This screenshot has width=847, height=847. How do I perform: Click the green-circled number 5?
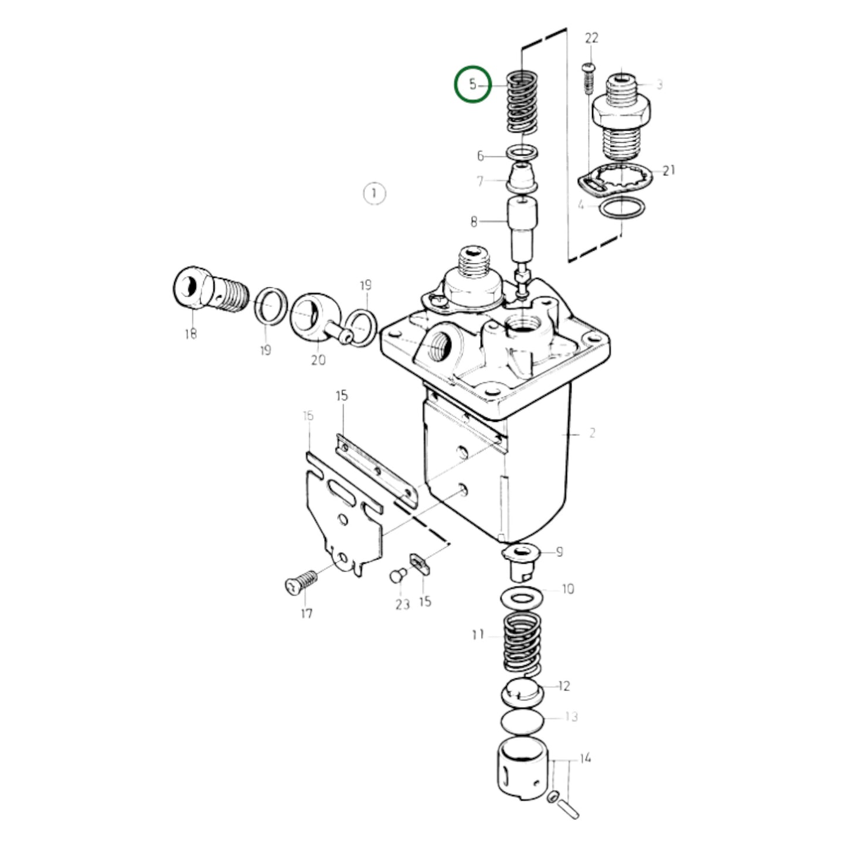point(472,84)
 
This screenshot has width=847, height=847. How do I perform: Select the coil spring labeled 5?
point(522,103)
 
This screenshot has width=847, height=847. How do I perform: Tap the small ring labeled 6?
point(523,154)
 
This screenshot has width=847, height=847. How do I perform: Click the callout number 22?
point(591,38)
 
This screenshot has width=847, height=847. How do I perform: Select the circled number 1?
point(374,194)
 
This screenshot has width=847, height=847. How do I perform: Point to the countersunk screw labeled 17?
point(301,583)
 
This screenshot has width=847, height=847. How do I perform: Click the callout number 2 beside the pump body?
point(592,433)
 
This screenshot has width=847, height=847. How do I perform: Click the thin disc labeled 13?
point(523,722)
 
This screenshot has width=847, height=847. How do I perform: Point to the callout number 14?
point(585,758)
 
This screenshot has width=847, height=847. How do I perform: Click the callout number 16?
point(308,416)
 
